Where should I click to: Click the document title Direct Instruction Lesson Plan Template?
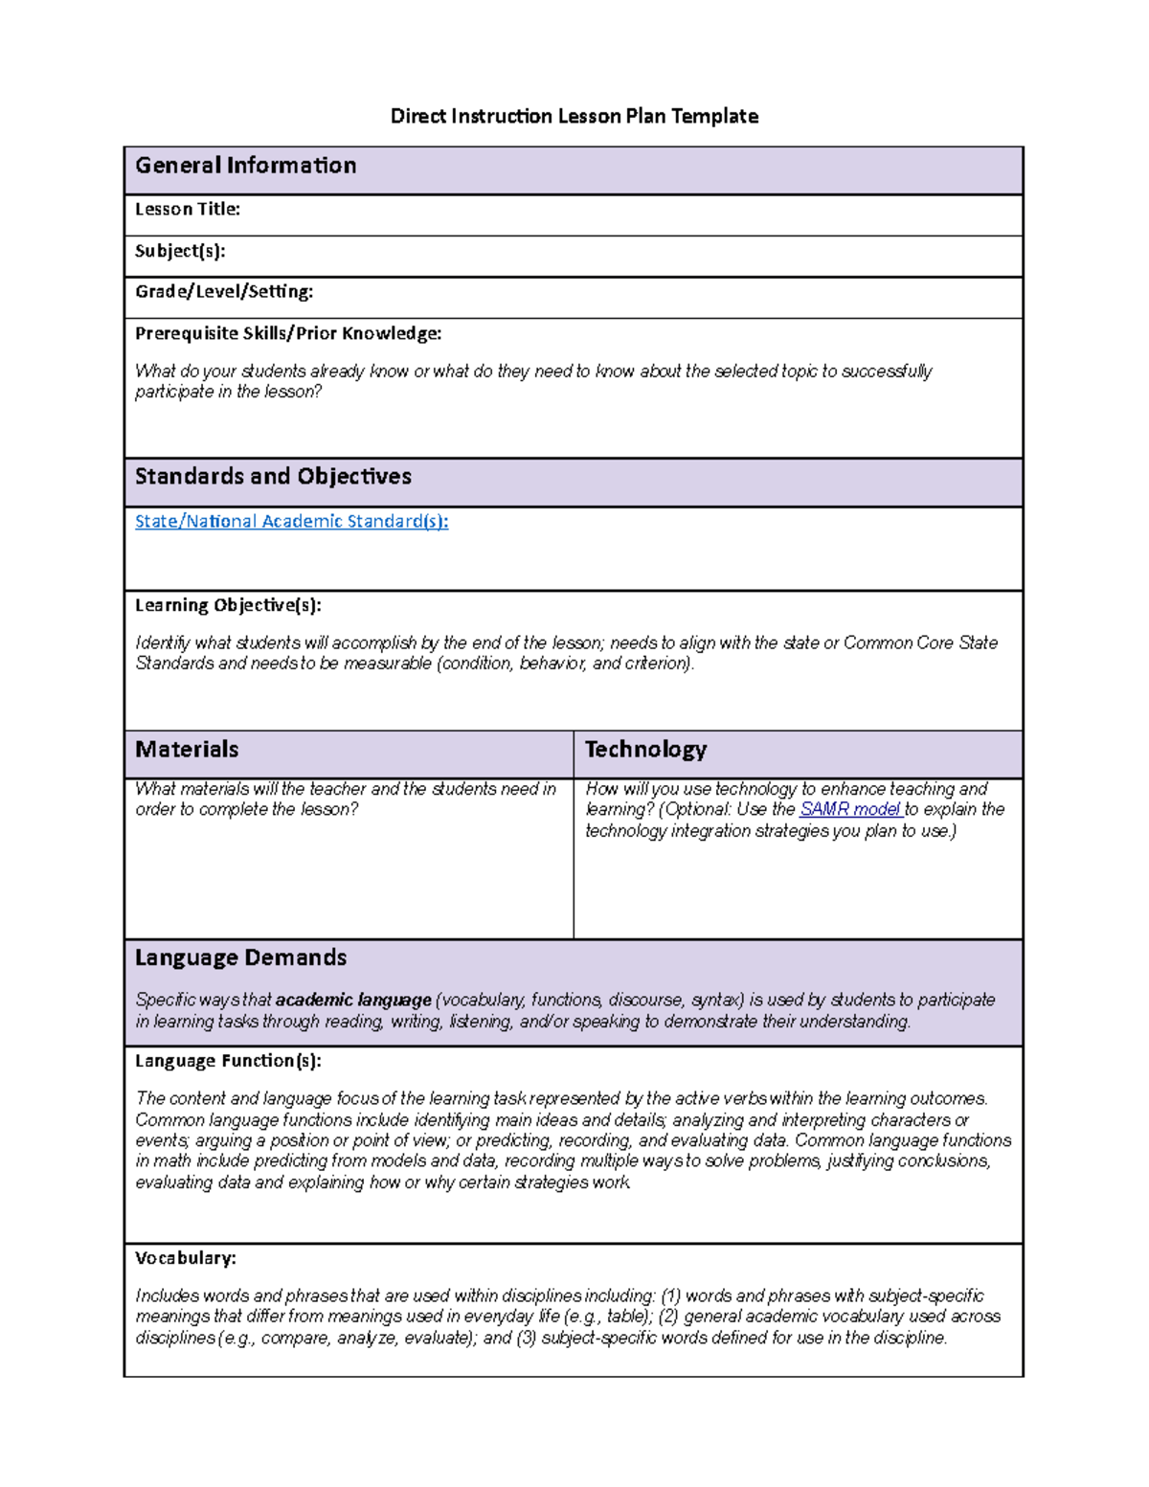click(574, 117)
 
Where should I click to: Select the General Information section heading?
click(245, 166)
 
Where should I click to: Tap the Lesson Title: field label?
click(187, 209)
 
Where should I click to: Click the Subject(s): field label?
click(180, 251)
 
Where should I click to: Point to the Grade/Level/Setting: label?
click(224, 291)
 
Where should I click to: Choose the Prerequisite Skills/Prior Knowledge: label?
click(288, 333)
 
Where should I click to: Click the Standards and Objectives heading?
click(273, 477)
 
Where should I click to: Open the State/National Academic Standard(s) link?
click(291, 522)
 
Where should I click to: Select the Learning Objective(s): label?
click(228, 605)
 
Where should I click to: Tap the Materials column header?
click(187, 750)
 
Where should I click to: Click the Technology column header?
click(645, 750)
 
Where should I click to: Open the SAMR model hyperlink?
click(849, 810)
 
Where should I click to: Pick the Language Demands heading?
click(240, 958)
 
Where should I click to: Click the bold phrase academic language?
click(353, 1001)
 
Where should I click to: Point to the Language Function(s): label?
click(228, 1061)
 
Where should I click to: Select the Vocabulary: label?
click(185, 1258)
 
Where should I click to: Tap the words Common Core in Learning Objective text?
click(898, 643)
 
